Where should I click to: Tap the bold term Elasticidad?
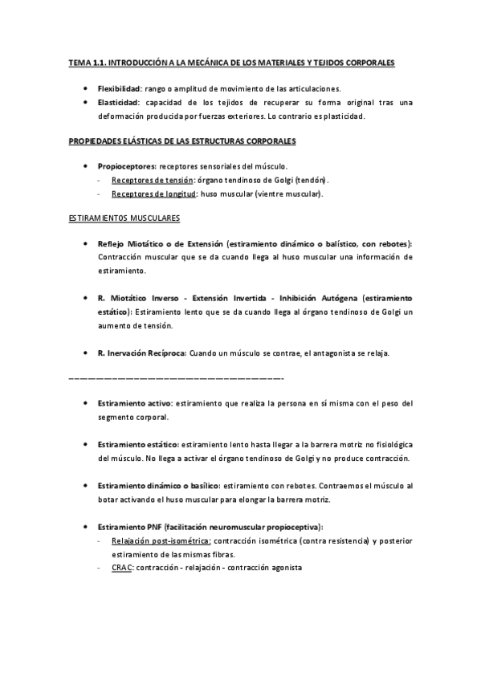point(118,102)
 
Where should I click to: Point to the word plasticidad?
point(342,116)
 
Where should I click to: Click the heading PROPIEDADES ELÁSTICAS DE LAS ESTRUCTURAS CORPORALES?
point(181,141)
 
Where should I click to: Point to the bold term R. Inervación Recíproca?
point(141,353)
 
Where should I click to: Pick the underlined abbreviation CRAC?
point(123,568)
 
